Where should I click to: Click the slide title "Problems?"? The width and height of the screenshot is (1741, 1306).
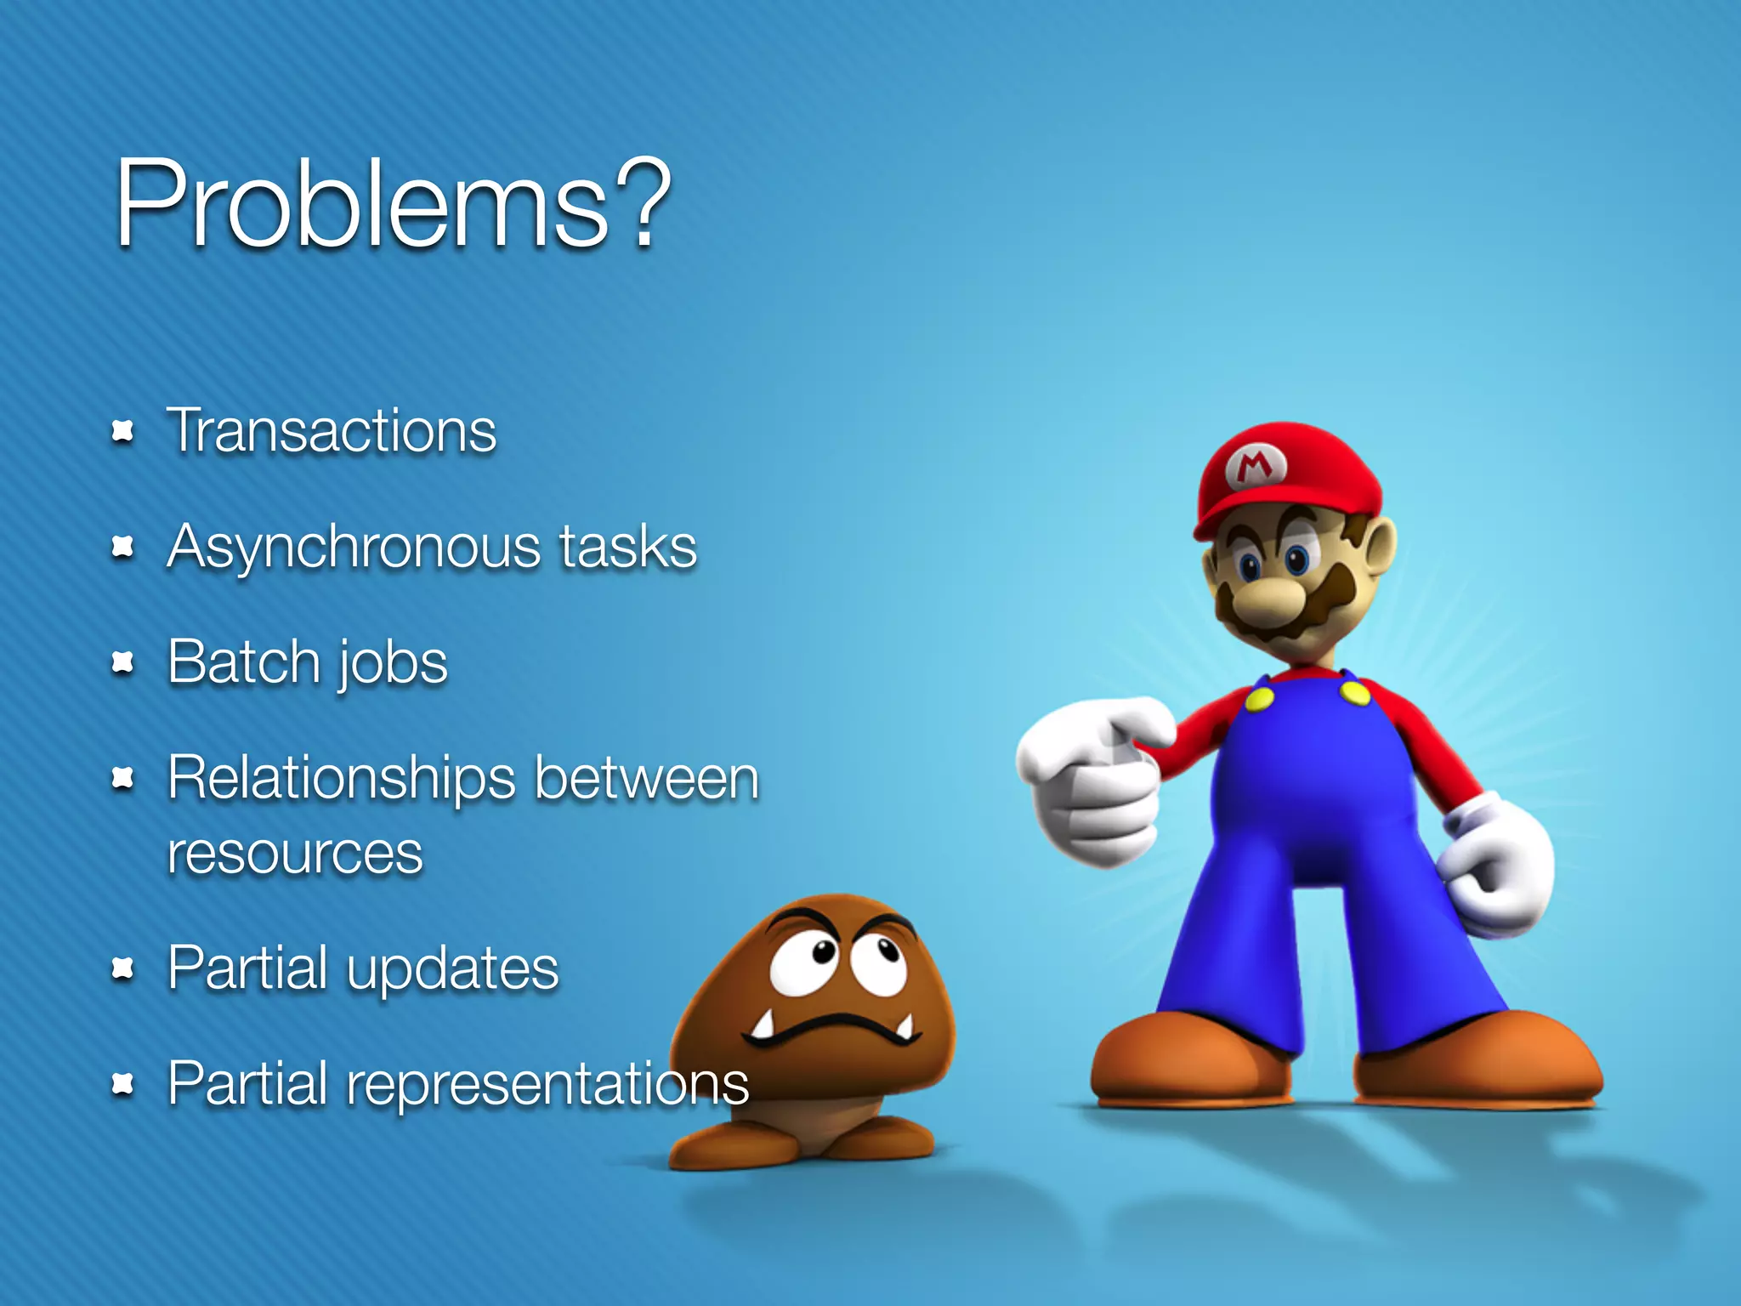tap(393, 204)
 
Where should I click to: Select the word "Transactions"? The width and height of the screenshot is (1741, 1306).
tap(332, 431)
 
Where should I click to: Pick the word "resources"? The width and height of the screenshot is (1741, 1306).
tap(295, 854)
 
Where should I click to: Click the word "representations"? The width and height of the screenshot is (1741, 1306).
tap(547, 1084)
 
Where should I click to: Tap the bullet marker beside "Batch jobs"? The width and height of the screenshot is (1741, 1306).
tap(123, 662)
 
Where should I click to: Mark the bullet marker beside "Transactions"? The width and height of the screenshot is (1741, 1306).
tap(123, 432)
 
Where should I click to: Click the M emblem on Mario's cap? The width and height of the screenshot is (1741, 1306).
tap(1256, 466)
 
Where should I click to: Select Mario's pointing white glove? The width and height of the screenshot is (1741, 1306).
tap(1092, 778)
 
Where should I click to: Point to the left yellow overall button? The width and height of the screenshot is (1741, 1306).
tap(1259, 699)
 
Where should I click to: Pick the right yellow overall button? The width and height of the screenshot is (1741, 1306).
tap(1355, 693)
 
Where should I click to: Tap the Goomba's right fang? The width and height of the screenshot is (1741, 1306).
tap(906, 1026)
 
